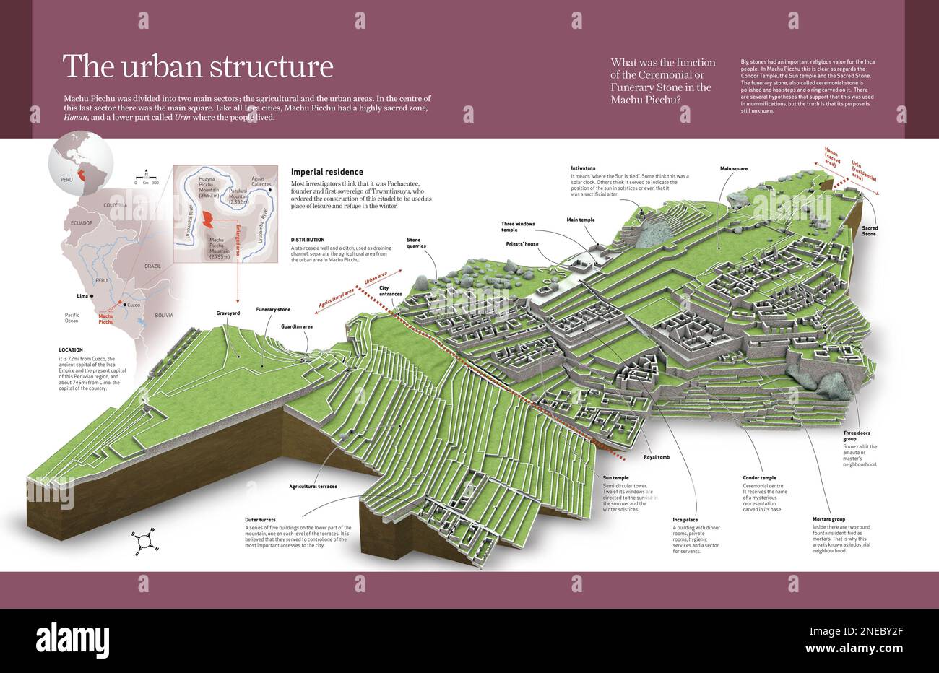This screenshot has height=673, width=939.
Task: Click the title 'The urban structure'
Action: pyautogui.click(x=198, y=66)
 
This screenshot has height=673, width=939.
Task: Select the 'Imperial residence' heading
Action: pyautogui.click(x=326, y=173)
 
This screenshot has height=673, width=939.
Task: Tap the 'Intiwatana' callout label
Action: pyautogui.click(x=584, y=168)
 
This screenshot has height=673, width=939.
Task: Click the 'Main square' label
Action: pyautogui.click(x=735, y=168)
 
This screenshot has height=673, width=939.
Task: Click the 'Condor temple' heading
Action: pyautogui.click(x=759, y=477)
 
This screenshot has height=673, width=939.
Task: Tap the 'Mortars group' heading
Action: pyautogui.click(x=828, y=519)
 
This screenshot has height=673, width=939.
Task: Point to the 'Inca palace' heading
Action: pyautogui.click(x=685, y=519)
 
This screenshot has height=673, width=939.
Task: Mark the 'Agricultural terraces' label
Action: pyautogui.click(x=313, y=486)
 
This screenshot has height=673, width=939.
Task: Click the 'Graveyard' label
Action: pyautogui.click(x=228, y=313)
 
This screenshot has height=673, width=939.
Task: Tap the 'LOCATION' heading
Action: pyautogui.click(x=71, y=349)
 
